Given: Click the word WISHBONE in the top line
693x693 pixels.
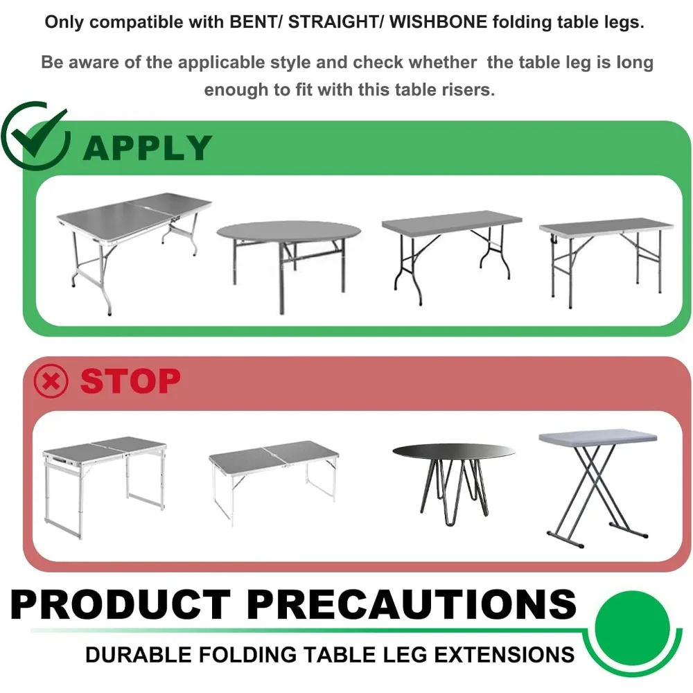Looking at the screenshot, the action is [438, 21].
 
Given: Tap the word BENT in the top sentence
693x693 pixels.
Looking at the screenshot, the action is [254, 21].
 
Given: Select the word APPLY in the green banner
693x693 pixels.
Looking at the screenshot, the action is [147, 148].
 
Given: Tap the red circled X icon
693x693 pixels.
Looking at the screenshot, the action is [51, 381].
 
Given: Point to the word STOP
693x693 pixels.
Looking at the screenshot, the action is [130, 380].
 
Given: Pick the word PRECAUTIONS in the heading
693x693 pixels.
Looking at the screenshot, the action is [412, 604].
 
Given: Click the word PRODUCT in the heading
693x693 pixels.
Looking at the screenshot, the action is [120, 604].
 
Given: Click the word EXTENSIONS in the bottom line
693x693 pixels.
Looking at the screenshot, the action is [505, 655].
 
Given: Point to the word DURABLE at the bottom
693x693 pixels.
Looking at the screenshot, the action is [139, 655].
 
